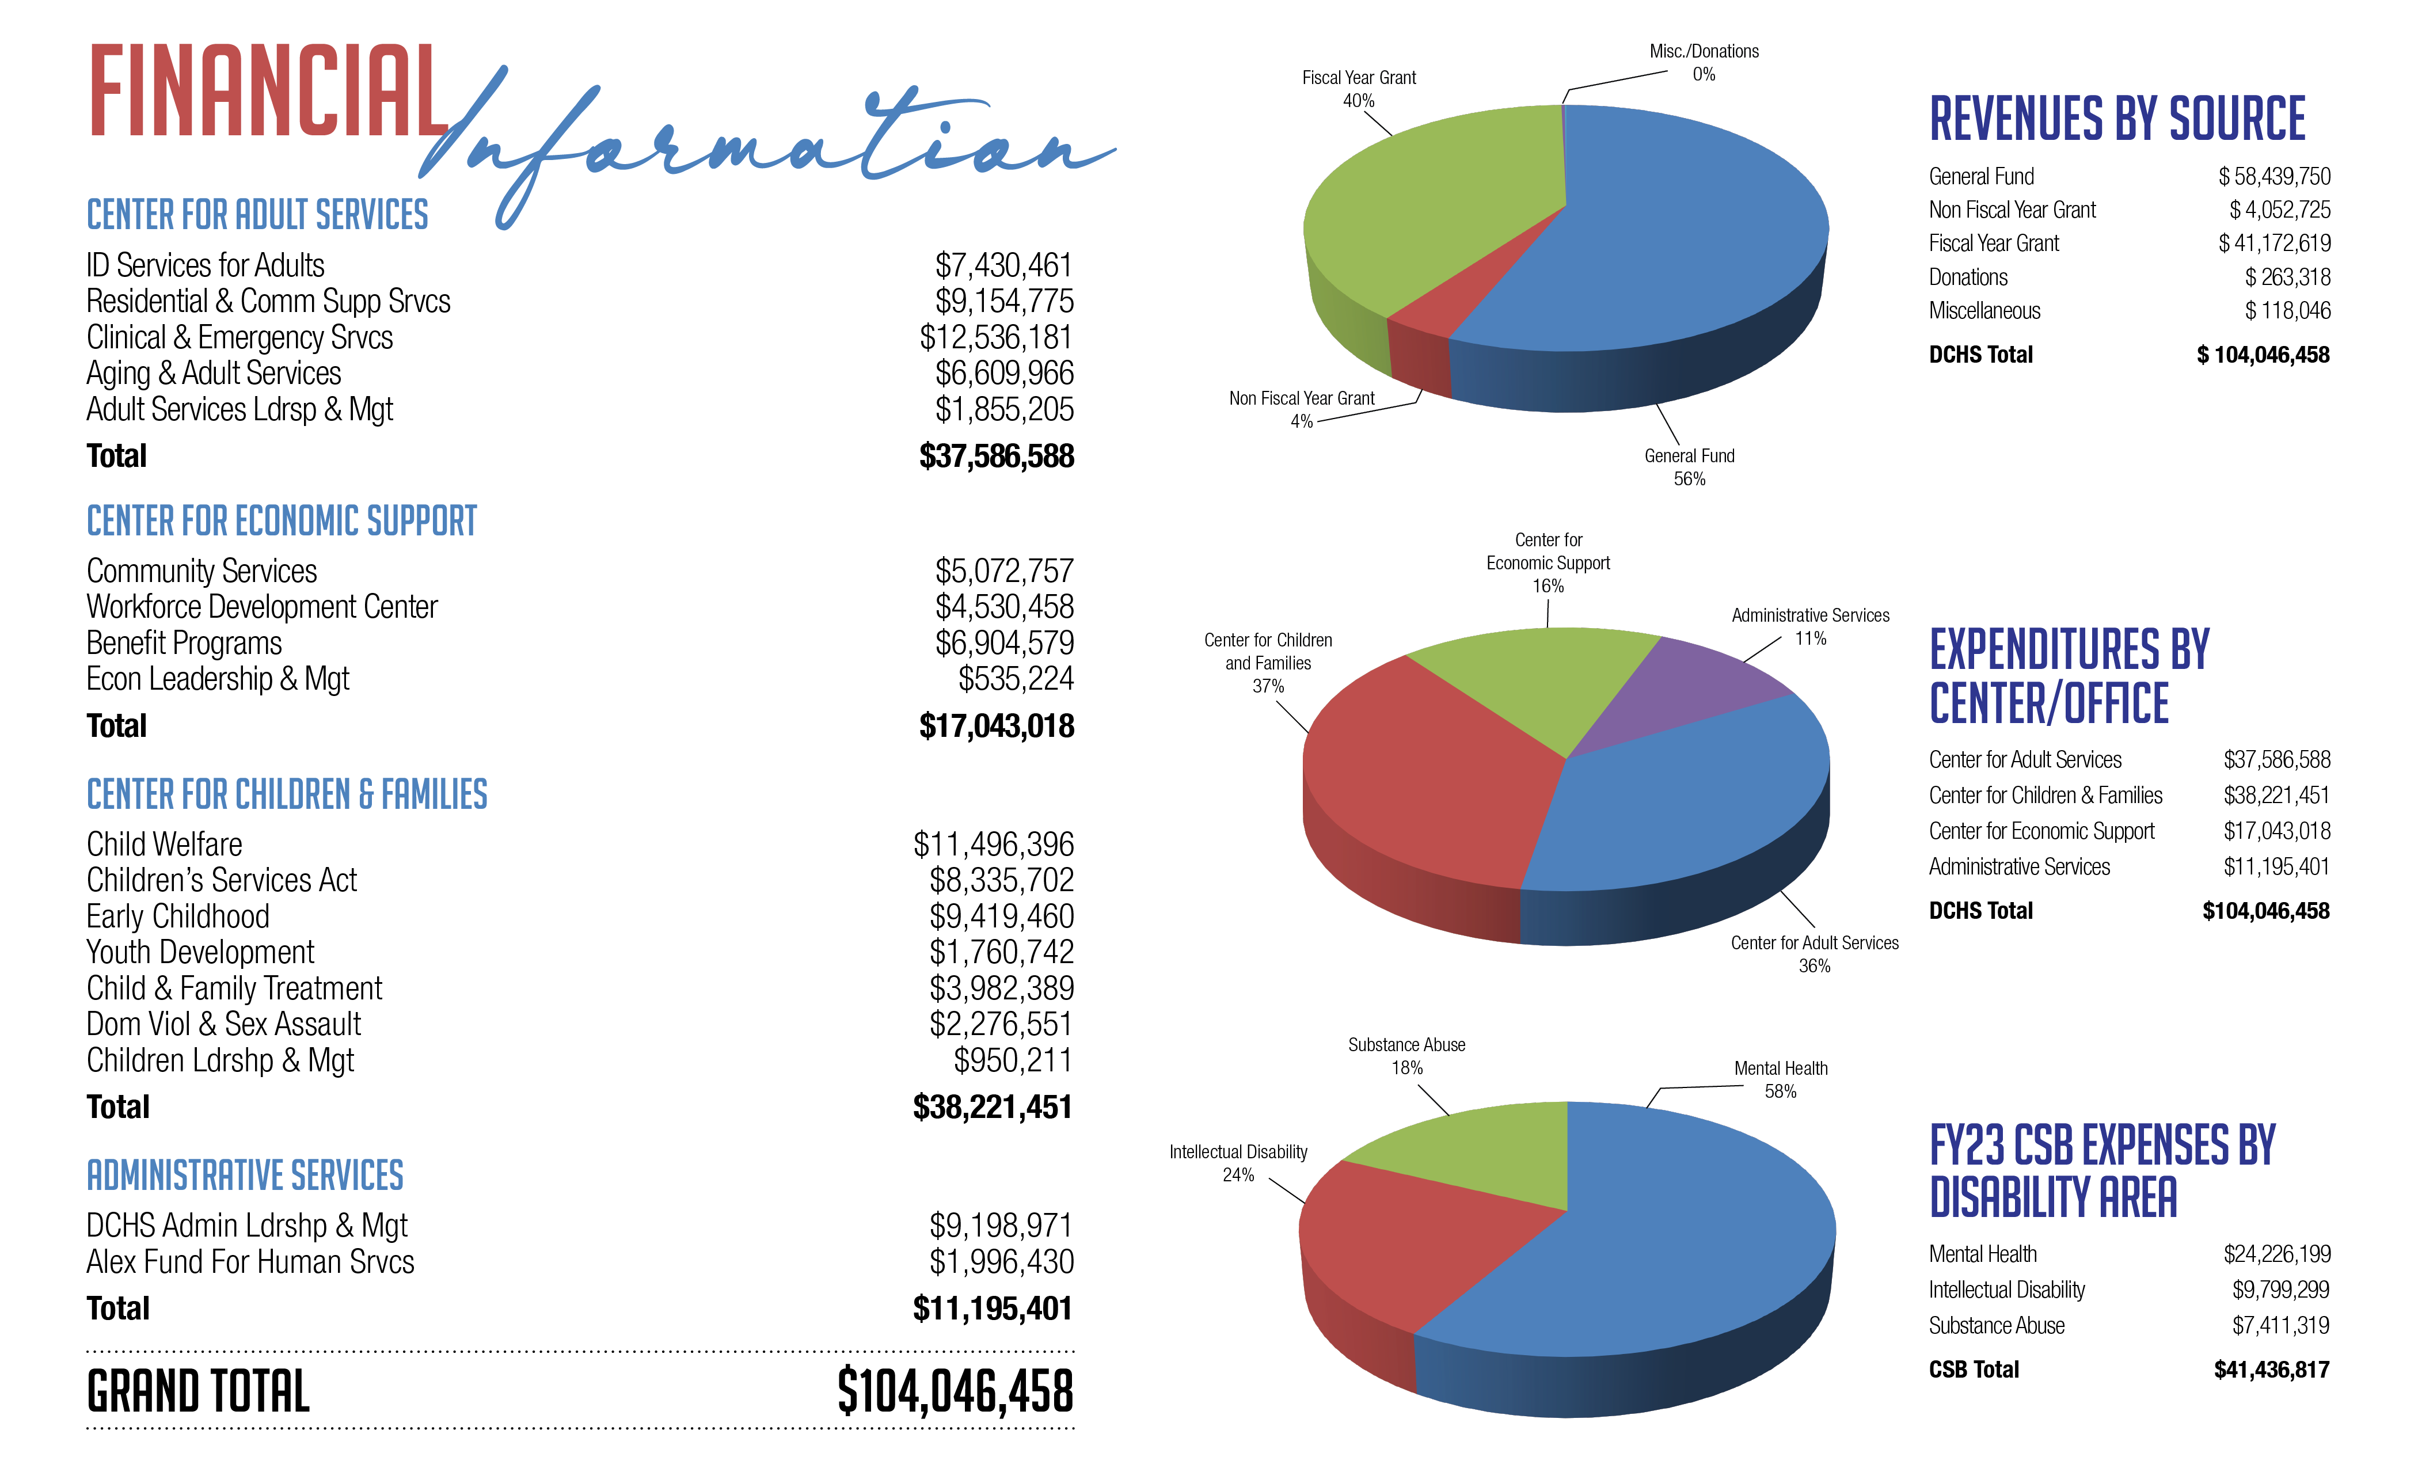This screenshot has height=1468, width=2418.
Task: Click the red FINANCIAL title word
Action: pos(267,92)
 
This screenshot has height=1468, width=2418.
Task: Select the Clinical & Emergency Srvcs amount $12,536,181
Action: pos(996,337)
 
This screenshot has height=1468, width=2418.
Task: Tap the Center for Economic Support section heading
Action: pos(282,521)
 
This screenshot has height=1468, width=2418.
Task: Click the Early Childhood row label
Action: pos(178,916)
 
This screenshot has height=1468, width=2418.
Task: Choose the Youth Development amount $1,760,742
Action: pos(1001,952)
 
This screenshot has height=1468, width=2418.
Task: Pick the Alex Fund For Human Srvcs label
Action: pos(250,1262)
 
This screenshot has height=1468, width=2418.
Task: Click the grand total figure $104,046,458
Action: pos(955,1391)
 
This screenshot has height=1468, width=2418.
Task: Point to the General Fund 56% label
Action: pos(1689,467)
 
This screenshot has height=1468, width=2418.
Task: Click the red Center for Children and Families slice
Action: pos(1423,775)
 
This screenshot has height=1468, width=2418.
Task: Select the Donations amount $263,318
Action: pos(2287,277)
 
